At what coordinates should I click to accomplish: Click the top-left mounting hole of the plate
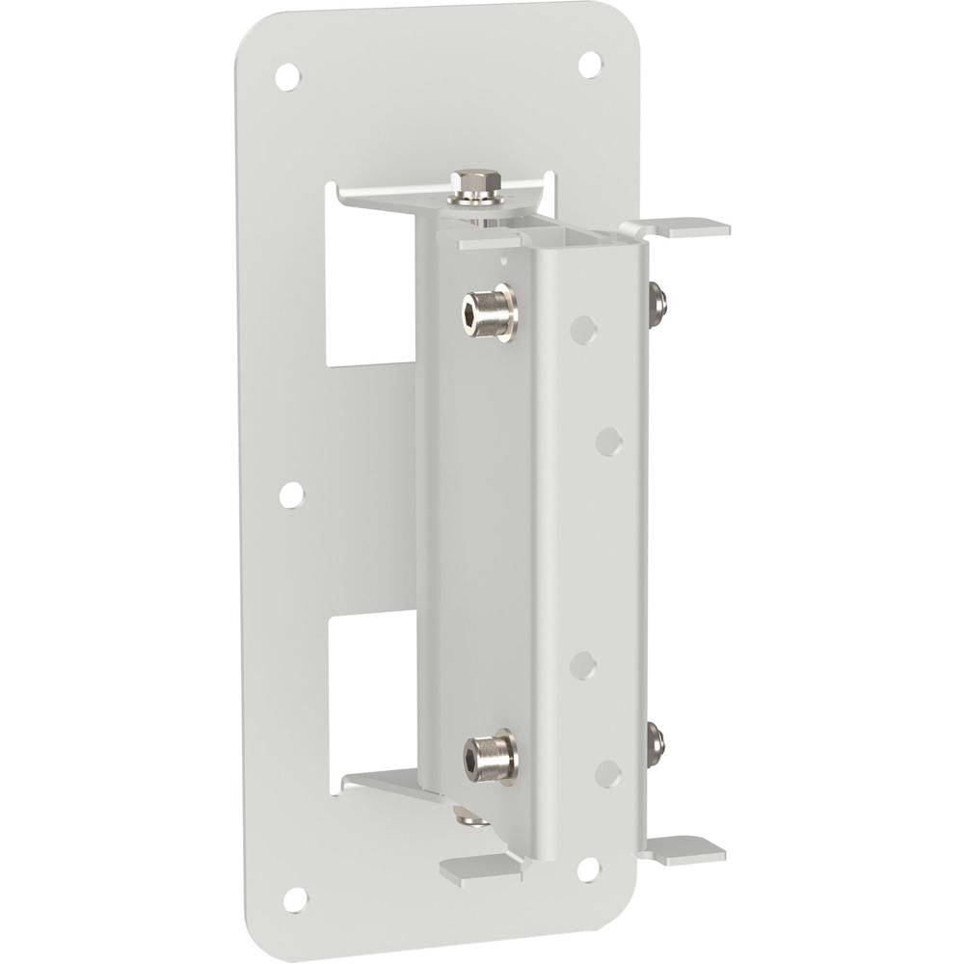(286, 76)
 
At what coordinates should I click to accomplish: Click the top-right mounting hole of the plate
(589, 64)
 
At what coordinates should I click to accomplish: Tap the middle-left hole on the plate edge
(290, 495)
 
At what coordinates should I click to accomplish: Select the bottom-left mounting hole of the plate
(295, 898)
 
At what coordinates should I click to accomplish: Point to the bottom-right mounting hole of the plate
(587, 870)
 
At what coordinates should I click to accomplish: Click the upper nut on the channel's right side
(658, 303)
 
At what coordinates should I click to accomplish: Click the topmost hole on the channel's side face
(582, 330)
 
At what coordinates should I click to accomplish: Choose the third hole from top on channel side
(583, 665)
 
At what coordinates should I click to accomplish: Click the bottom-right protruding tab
(686, 848)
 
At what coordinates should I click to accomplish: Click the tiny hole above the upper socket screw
(501, 258)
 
